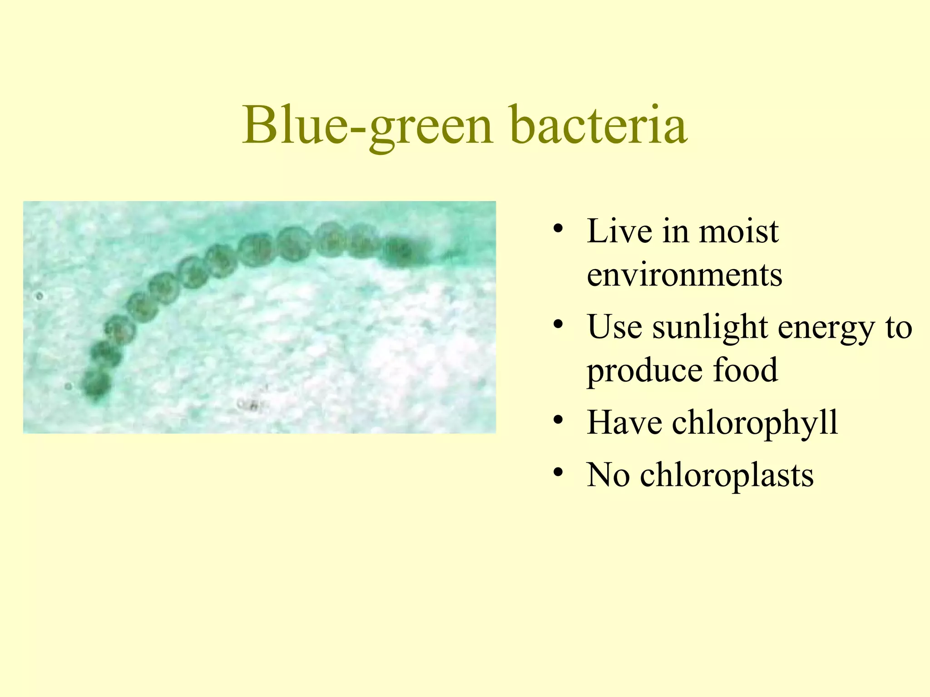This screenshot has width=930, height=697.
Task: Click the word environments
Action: tap(684, 275)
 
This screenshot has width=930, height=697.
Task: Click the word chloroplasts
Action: tap(727, 475)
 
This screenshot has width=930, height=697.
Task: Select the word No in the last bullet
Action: tap(608, 475)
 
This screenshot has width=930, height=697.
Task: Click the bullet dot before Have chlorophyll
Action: tap(559, 420)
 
